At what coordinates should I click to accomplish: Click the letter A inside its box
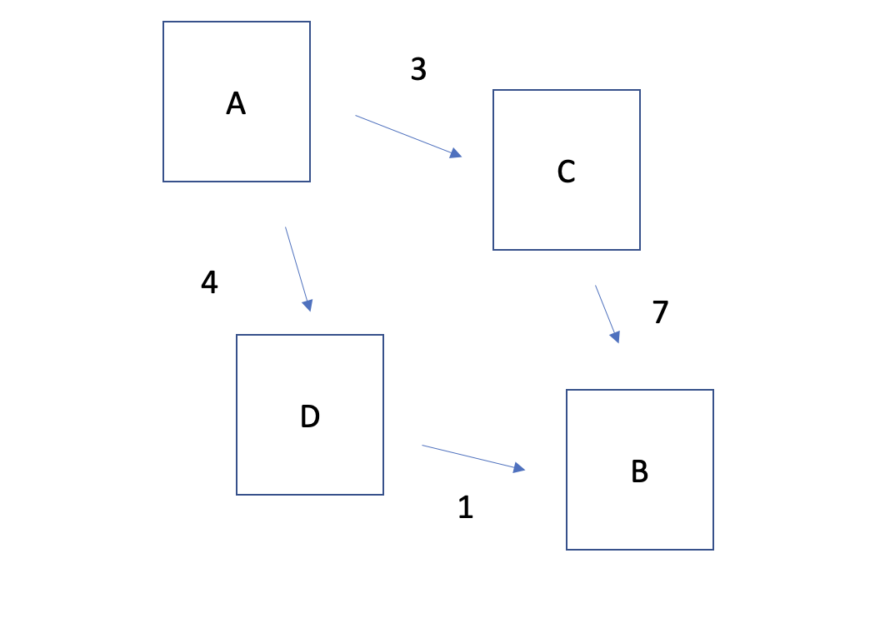(236, 104)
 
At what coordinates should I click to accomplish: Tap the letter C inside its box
(566, 172)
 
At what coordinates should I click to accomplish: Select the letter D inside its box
(310, 416)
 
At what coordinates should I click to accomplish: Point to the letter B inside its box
(639, 472)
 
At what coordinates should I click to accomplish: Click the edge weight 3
(418, 70)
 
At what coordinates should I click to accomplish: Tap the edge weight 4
(209, 283)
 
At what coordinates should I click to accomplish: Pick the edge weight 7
(660, 312)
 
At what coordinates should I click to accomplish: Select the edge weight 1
(465, 507)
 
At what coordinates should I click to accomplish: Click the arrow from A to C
(407, 136)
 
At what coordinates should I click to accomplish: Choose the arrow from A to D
(297, 268)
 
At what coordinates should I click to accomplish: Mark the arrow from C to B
(607, 313)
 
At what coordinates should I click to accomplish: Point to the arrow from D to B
(472, 458)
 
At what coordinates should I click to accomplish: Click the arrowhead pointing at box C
(455, 153)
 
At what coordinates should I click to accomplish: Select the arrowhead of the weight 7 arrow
(616, 336)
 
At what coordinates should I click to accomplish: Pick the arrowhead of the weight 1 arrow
(518, 468)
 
